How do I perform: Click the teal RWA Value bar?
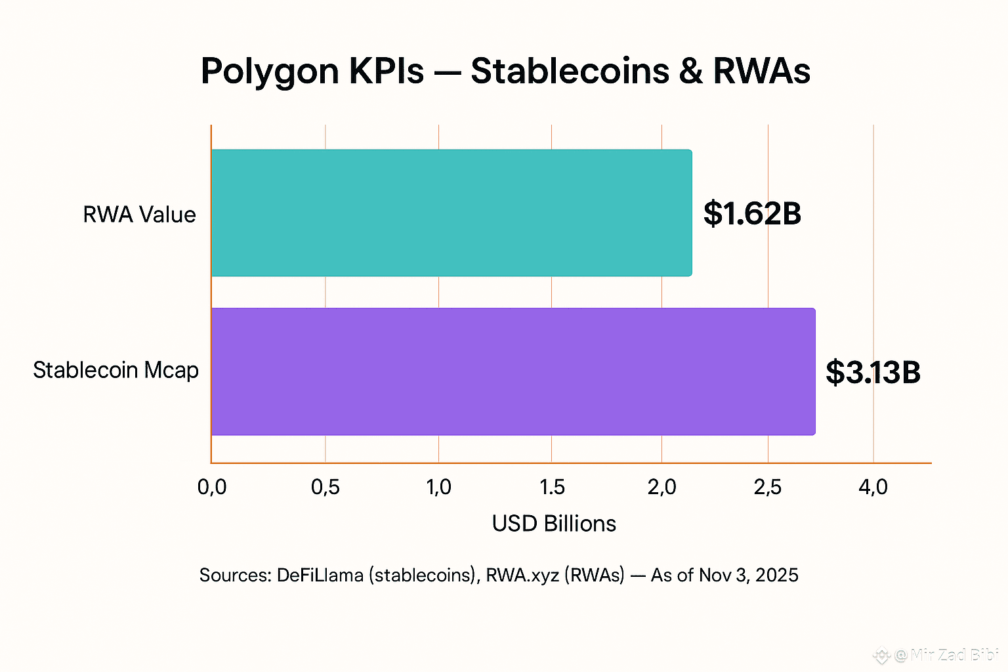[451, 213]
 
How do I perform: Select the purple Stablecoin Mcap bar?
[513, 371]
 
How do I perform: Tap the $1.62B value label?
[752, 214]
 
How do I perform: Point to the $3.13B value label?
[873, 372]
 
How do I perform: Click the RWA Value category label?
[139, 215]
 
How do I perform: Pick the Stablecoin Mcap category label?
[115, 370]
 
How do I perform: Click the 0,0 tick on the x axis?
[212, 487]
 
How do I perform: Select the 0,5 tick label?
[325, 487]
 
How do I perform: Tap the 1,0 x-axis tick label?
[438, 487]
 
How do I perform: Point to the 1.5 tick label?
[552, 487]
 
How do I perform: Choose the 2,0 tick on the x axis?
[661, 487]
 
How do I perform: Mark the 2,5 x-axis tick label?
[768, 487]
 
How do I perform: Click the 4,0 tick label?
[873, 487]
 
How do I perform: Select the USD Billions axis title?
[554, 524]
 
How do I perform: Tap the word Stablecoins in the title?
[570, 71]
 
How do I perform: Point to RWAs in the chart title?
[761, 71]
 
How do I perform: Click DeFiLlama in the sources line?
[320, 576]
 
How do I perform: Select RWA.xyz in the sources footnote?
[522, 576]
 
